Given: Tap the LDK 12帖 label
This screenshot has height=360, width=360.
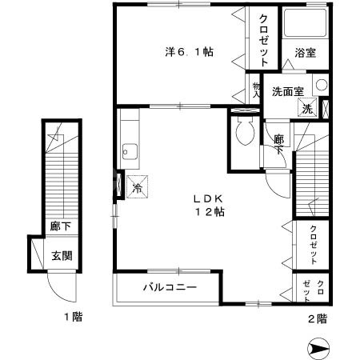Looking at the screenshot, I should point(206,206).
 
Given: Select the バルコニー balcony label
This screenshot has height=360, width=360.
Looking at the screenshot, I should point(170,286).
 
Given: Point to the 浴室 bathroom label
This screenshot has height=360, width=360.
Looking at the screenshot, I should point(303,54).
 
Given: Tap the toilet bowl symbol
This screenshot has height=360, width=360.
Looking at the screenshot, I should point(246,130).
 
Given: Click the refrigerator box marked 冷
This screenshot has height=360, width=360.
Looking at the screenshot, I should point(136,187).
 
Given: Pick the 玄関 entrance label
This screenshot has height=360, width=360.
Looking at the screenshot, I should point(61,256).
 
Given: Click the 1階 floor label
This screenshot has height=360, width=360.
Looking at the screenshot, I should point(73,318).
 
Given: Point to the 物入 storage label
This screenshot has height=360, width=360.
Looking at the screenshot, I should point(257,90).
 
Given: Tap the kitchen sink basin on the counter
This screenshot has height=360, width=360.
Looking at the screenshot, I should point(129,150).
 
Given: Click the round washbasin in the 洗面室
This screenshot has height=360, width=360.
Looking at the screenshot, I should point(320,86).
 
